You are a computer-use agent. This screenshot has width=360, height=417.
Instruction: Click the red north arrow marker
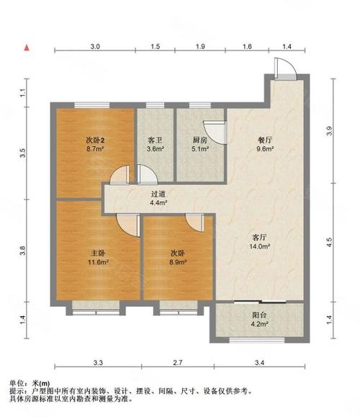point(27,48)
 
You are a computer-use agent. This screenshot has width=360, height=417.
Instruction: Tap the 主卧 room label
point(98,253)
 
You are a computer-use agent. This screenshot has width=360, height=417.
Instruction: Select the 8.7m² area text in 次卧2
point(94,149)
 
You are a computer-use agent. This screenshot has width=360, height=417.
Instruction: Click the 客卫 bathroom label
point(155,140)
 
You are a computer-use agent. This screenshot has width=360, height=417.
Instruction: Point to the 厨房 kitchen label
point(200,140)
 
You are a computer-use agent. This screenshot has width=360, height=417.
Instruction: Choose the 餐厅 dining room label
point(265,140)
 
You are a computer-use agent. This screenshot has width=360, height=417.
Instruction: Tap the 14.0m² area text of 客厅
point(259,246)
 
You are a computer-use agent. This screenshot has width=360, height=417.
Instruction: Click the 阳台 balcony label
point(259,315)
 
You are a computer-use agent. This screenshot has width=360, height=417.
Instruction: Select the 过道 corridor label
point(158,194)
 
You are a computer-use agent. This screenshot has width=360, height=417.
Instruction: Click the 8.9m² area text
point(178,262)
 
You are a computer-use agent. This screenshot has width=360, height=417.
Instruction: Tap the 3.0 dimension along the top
point(95,47)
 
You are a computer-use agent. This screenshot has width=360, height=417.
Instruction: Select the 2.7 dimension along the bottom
point(177,362)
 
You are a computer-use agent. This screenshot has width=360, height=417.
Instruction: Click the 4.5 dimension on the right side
point(330,242)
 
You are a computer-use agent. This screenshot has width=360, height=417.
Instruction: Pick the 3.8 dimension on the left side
point(23,251)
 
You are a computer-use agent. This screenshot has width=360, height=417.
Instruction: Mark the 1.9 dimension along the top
point(200,47)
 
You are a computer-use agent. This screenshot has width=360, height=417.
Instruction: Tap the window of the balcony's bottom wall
point(257,340)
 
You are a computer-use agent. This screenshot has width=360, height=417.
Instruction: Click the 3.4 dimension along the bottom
point(259,362)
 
